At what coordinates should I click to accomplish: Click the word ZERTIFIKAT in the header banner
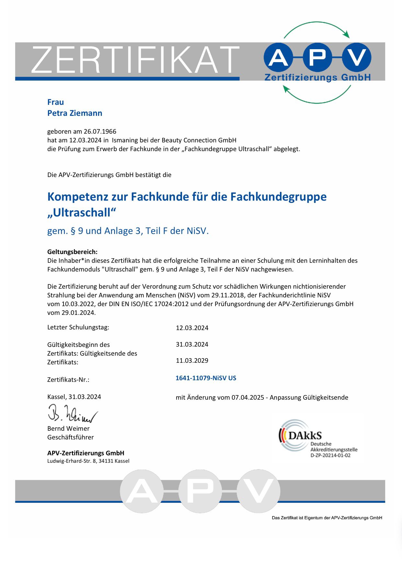[135, 60]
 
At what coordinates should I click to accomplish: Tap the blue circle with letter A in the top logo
[278, 58]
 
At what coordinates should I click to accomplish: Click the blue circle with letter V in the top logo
[357, 58]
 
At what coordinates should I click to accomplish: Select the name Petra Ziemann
[75, 113]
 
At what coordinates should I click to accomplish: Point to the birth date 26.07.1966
[100, 131]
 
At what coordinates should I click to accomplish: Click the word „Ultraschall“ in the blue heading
[82, 213]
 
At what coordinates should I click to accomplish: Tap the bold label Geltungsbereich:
[72, 252]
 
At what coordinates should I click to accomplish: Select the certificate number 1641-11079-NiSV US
[206, 378]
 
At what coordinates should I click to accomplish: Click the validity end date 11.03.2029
[192, 360]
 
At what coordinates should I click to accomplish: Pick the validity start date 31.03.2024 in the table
[192, 344]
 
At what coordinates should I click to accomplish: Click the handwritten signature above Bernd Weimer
[72, 414]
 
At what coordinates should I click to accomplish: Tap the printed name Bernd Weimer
[68, 428]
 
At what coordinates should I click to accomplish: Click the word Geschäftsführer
[70, 437]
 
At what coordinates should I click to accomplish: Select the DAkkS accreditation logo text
[304, 436]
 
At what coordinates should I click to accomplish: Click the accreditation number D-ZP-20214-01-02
[330, 455]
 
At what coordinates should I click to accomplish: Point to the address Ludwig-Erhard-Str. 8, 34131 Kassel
[88, 461]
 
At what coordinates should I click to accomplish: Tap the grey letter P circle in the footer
[200, 491]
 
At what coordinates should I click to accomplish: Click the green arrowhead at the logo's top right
[347, 34]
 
